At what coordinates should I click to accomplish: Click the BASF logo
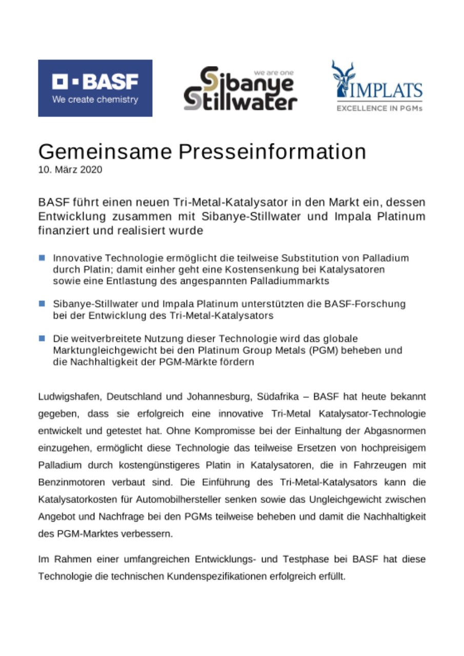(x=95, y=88)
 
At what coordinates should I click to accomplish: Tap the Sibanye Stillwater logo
(x=240, y=88)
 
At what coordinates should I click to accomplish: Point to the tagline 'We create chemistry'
(x=95, y=100)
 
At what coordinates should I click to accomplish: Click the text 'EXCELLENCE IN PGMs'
(x=379, y=108)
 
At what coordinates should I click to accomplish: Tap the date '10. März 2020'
(x=70, y=170)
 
